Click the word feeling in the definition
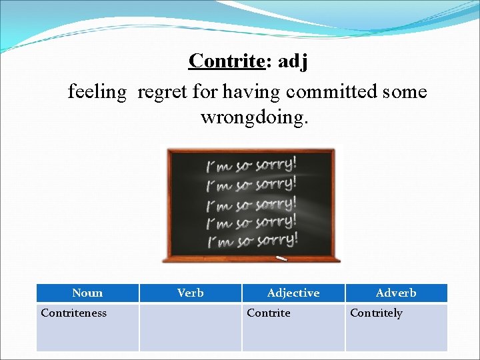97,91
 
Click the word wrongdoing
255,117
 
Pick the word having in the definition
249,91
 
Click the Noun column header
87,293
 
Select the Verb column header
191,293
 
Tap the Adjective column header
293,293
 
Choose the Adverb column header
396,293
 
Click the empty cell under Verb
191,327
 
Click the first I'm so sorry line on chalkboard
252,165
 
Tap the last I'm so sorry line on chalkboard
252,238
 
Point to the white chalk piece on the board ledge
281,257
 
